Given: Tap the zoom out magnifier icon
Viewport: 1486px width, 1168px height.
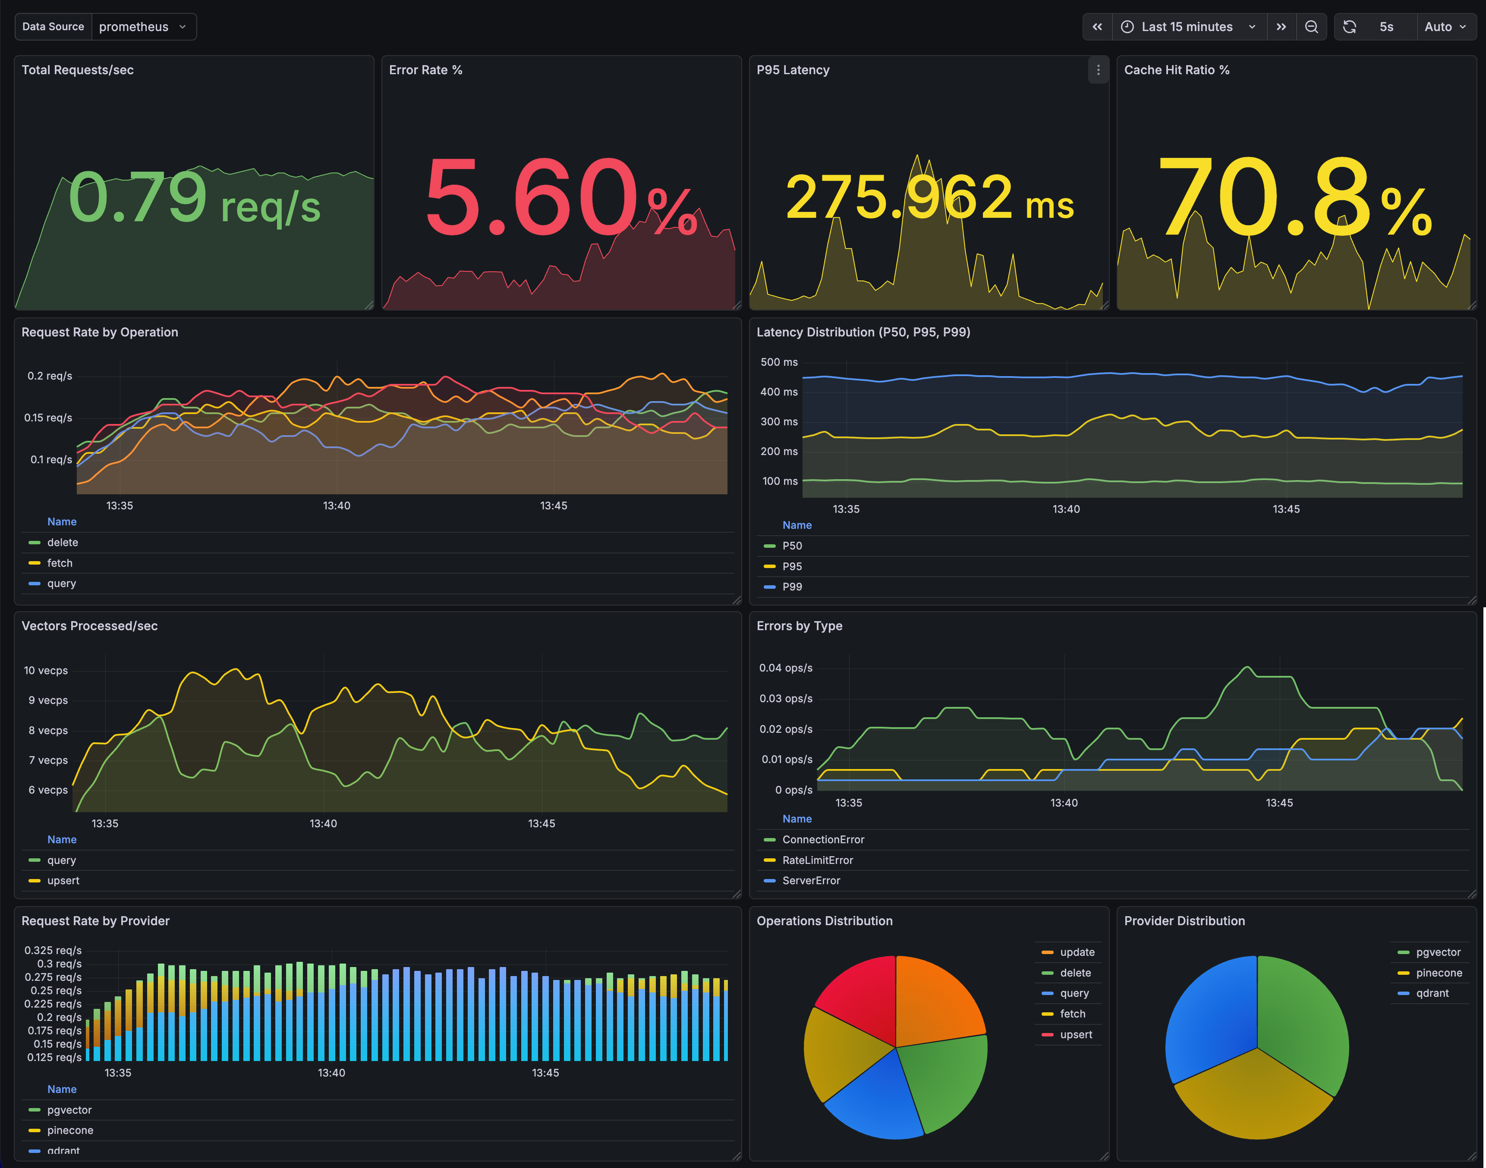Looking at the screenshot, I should (1311, 27).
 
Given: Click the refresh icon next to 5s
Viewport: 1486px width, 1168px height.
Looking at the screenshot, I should (1349, 27).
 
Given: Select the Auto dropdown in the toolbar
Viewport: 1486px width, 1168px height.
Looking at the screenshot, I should (1444, 27).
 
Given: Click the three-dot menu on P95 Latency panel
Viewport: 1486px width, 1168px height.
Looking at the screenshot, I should (1098, 70).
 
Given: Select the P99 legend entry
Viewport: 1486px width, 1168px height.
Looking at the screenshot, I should (792, 587).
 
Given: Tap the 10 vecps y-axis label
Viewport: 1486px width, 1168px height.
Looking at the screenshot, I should (46, 671).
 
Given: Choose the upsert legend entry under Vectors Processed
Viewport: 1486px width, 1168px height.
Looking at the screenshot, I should (63, 881).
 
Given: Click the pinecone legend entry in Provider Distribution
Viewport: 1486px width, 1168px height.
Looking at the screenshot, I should (1438, 973).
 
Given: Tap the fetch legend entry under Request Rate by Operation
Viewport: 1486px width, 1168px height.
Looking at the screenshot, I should (60, 563).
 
